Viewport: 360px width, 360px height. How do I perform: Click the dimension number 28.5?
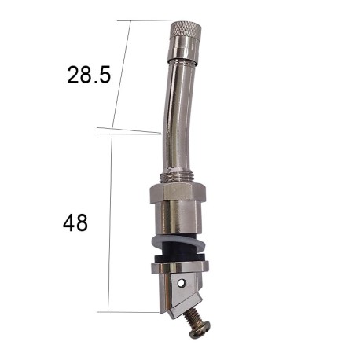pyautogui.click(x=89, y=75)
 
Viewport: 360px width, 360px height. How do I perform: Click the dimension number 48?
pyautogui.click(x=75, y=222)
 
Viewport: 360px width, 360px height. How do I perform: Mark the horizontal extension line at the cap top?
pyautogui.click(x=149, y=21)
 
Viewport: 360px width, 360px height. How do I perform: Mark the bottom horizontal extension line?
pyautogui.click(x=134, y=312)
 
